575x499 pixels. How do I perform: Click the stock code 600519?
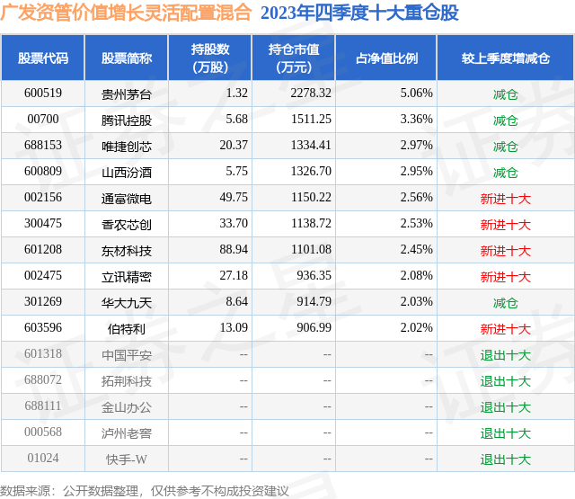[x=43, y=94]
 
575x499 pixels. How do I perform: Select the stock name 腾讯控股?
[x=127, y=120]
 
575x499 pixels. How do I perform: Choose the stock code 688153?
[x=43, y=146]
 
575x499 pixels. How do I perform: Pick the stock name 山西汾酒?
[x=127, y=172]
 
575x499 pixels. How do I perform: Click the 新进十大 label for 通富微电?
[x=505, y=198]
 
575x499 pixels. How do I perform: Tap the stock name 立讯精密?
[x=127, y=276]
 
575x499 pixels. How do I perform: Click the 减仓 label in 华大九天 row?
[x=505, y=303]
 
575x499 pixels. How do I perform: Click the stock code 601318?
[x=43, y=355]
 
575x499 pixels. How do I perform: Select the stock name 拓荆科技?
[x=127, y=381]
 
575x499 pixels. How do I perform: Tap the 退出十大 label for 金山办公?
[x=505, y=407]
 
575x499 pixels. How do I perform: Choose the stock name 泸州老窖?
[x=127, y=433]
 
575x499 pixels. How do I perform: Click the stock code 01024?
[x=43, y=459]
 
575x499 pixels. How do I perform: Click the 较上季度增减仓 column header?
[x=505, y=58]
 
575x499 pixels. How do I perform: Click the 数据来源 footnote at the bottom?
[x=144, y=491]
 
